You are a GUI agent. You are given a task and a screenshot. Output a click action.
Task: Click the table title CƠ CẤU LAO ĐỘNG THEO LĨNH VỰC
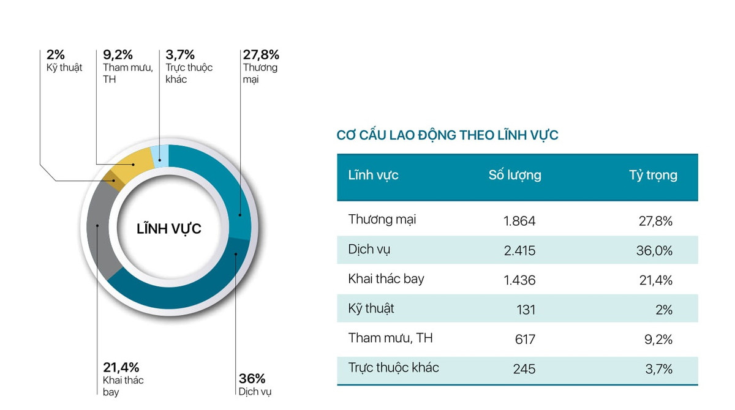[x=447, y=135]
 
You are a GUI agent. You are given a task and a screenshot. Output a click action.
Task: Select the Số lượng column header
[x=514, y=175]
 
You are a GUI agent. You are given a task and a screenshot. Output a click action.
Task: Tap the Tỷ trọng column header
[x=653, y=176]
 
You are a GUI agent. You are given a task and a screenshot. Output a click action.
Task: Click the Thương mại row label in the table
[x=382, y=219]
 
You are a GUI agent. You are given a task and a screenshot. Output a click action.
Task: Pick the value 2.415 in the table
[x=519, y=250]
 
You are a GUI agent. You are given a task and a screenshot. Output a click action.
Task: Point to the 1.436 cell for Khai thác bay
[x=519, y=280]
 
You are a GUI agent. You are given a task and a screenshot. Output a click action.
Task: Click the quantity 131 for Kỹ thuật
[x=526, y=310]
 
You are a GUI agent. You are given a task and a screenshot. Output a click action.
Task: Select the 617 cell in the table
[x=526, y=339]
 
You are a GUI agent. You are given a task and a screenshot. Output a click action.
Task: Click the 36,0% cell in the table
[x=655, y=250]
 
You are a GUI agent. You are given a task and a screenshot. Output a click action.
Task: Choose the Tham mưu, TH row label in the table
[x=390, y=338]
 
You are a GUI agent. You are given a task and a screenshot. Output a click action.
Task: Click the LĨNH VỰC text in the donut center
[x=168, y=229]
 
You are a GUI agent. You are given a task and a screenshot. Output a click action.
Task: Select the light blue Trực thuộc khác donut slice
[x=160, y=157]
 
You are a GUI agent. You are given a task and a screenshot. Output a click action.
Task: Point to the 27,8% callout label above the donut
[x=261, y=55]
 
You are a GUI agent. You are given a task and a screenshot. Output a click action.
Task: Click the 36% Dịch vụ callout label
[x=252, y=379]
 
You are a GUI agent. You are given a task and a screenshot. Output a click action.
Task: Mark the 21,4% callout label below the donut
[x=121, y=368]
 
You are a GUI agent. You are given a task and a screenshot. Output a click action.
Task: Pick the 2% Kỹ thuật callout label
[x=56, y=55]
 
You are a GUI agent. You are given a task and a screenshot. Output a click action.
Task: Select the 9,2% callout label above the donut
[x=118, y=55]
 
